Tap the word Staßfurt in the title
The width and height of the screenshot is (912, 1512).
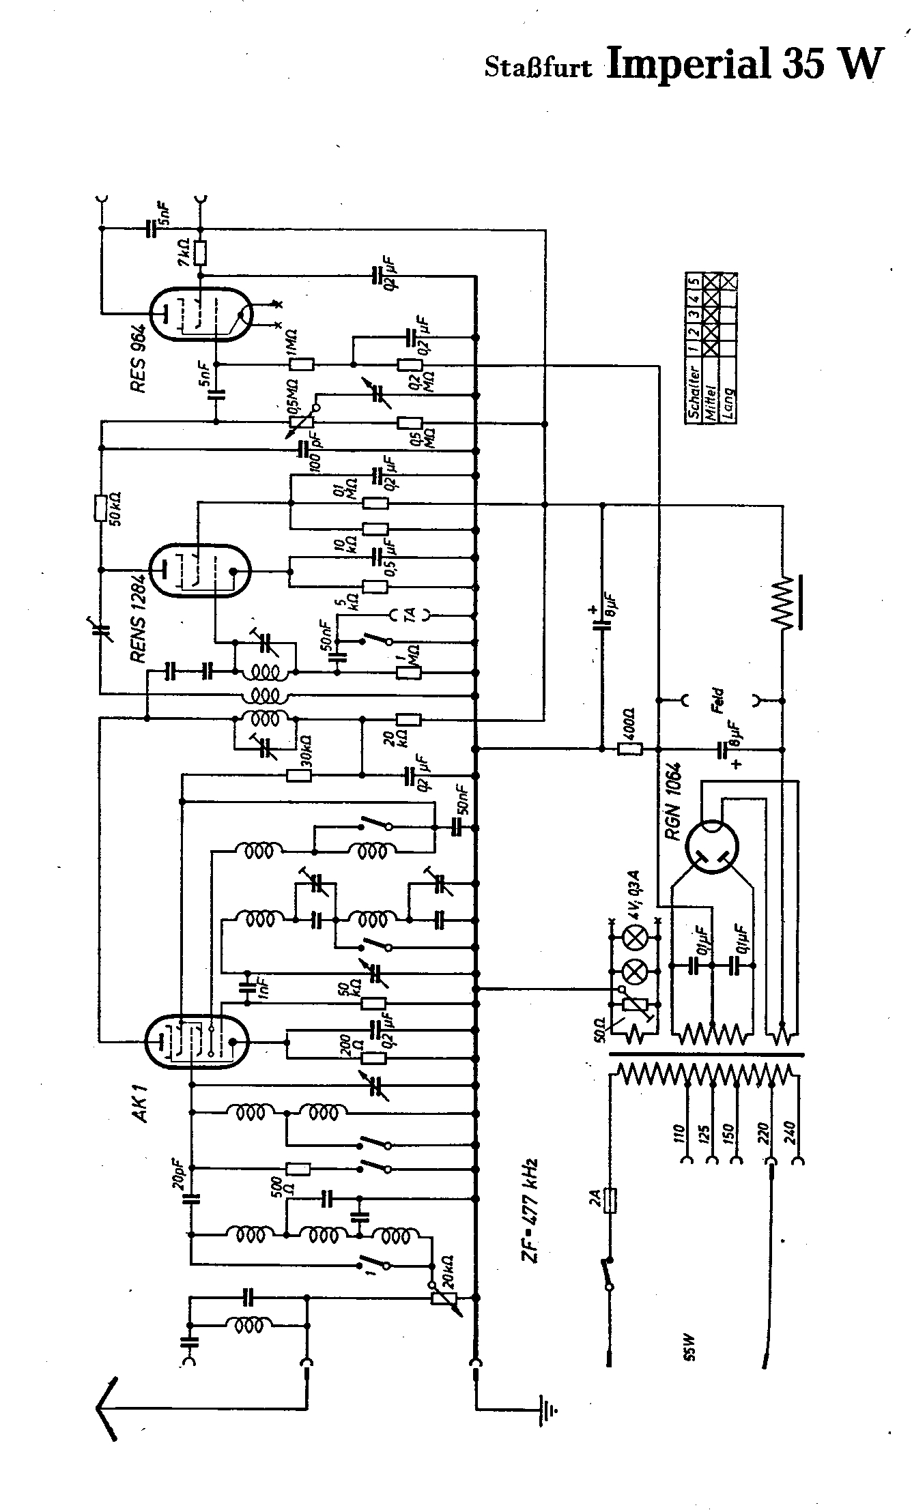(x=538, y=68)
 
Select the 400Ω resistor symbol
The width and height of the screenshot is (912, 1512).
(x=629, y=749)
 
